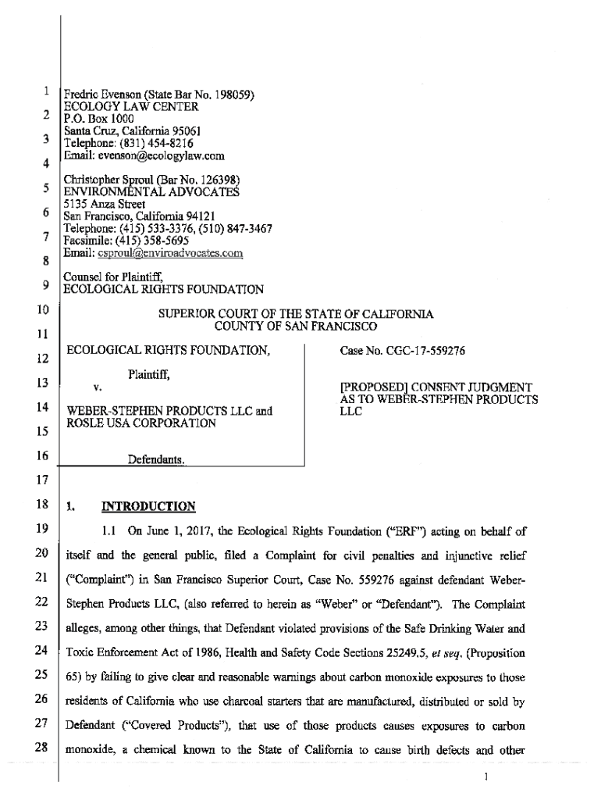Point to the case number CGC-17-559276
(403, 352)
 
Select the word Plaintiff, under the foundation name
(149, 375)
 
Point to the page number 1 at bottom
(486, 777)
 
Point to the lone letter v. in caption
(98, 387)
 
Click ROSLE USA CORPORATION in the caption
(140, 423)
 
